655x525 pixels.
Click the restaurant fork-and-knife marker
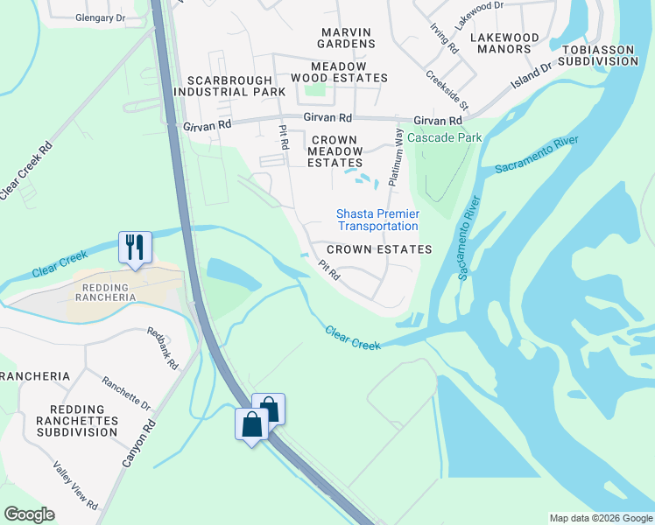(x=135, y=246)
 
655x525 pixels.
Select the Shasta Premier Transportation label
(x=378, y=220)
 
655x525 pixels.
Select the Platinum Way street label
(x=396, y=157)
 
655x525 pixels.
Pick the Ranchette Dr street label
(x=126, y=394)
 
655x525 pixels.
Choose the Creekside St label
(x=447, y=89)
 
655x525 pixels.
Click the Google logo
(x=29, y=514)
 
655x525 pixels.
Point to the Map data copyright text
(x=600, y=518)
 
